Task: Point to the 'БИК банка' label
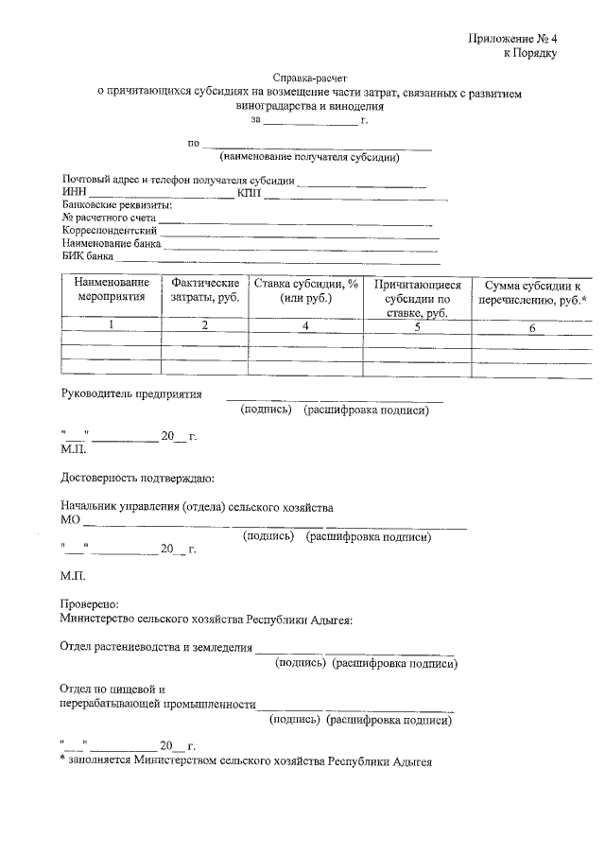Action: tap(88, 255)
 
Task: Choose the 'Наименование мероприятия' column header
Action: tap(112, 289)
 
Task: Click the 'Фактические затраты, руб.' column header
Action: tap(204, 289)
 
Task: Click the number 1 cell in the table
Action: tap(111, 325)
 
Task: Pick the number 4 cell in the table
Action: tap(304, 326)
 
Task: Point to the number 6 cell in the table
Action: tap(532, 328)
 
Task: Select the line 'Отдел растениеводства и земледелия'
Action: tap(157, 648)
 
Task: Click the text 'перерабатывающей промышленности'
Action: tap(158, 705)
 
